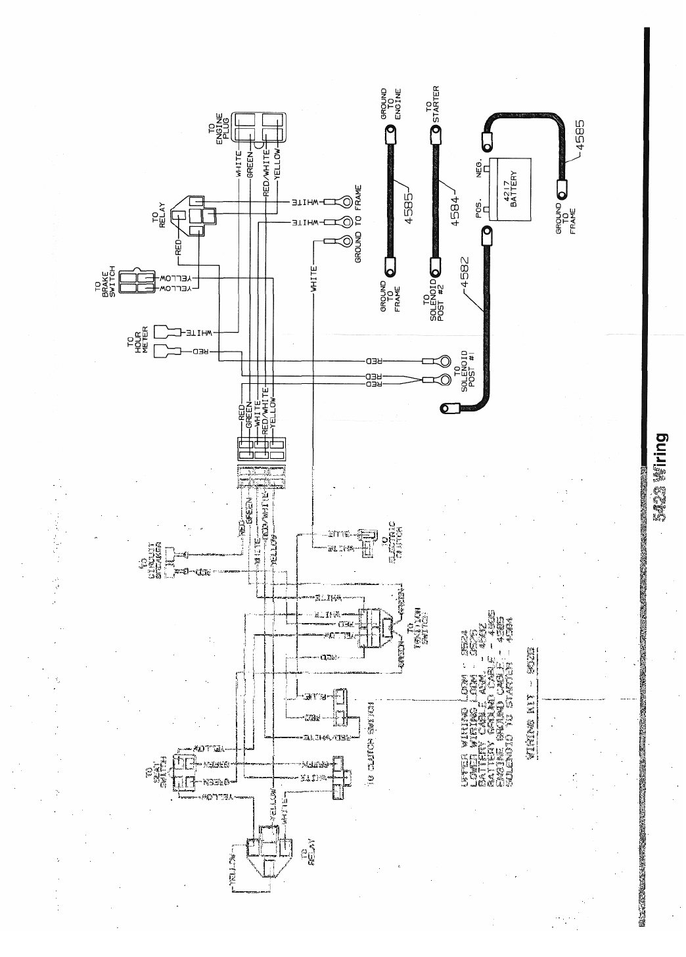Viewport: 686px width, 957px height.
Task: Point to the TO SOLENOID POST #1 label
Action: pyautogui.click(x=469, y=370)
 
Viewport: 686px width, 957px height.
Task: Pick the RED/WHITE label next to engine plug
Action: pyautogui.click(x=266, y=164)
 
